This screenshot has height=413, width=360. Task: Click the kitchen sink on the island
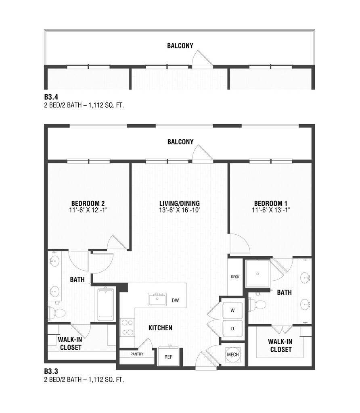157,299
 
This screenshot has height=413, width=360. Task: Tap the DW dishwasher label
175,300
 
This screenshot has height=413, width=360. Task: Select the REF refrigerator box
168,357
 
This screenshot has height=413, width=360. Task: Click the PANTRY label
137,354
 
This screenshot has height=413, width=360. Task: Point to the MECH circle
233,355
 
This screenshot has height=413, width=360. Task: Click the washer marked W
232,310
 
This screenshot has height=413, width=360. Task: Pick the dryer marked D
232,328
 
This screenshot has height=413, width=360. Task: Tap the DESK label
235,277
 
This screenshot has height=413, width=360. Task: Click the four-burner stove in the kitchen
127,327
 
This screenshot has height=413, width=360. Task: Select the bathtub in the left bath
106,305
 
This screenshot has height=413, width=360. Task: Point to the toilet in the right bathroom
257,305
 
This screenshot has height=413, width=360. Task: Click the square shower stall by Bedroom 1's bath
257,274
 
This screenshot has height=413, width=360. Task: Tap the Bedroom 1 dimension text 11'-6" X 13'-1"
271,210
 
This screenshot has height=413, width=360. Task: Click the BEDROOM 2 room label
88,203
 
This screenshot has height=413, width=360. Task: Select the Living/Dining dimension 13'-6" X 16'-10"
180,210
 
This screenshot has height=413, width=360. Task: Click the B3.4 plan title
51,97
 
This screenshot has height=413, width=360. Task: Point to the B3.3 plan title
51,371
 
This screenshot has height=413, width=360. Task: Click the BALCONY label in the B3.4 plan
180,46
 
